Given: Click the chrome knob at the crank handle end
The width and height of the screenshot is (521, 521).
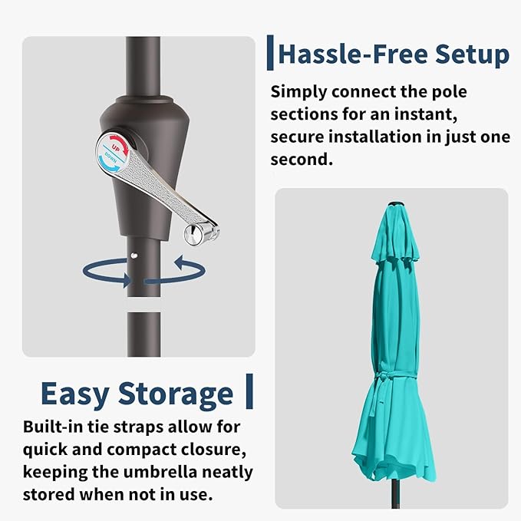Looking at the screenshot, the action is point(195,235).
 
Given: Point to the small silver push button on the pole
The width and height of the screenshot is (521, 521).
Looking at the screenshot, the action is point(134,256).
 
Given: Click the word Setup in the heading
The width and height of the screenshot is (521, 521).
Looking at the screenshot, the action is point(472,54).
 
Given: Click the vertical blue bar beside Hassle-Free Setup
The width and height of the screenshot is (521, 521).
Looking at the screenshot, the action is point(270,52).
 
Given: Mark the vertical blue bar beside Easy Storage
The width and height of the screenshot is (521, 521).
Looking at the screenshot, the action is point(249,391).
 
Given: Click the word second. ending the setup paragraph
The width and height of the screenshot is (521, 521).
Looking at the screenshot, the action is point(302,159).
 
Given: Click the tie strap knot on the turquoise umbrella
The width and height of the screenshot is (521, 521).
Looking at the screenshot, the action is point(380,378).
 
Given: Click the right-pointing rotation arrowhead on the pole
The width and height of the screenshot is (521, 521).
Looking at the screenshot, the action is point(127,280).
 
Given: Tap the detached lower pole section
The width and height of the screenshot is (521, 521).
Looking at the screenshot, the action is point(144,335).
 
